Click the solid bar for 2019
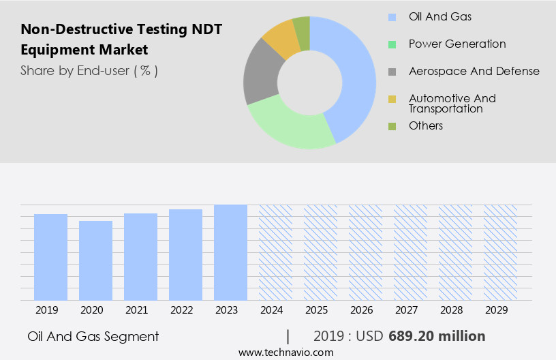point(50,257)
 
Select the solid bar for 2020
point(95,260)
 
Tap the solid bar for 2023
point(230,252)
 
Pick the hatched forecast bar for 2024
point(275,252)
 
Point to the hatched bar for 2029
point(500,252)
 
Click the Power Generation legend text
point(457,44)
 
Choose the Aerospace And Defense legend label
point(474,71)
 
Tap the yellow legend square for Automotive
point(392,99)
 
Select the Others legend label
point(426,125)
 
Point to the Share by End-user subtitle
point(89,70)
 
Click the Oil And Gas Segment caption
point(93,336)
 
